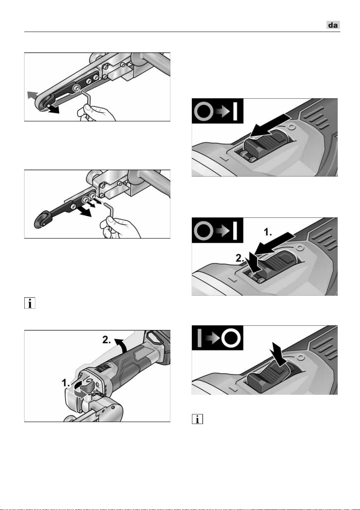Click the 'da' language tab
[x=333, y=25]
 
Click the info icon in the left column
[x=30, y=303]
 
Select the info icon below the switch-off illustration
[x=197, y=419]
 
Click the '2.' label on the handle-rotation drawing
[x=106, y=340]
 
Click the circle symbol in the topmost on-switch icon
[x=204, y=111]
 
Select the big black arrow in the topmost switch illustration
[x=270, y=126]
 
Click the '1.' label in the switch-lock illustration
[x=268, y=232]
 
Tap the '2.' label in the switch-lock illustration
[x=240, y=258]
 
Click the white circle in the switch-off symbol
[x=231, y=338]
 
